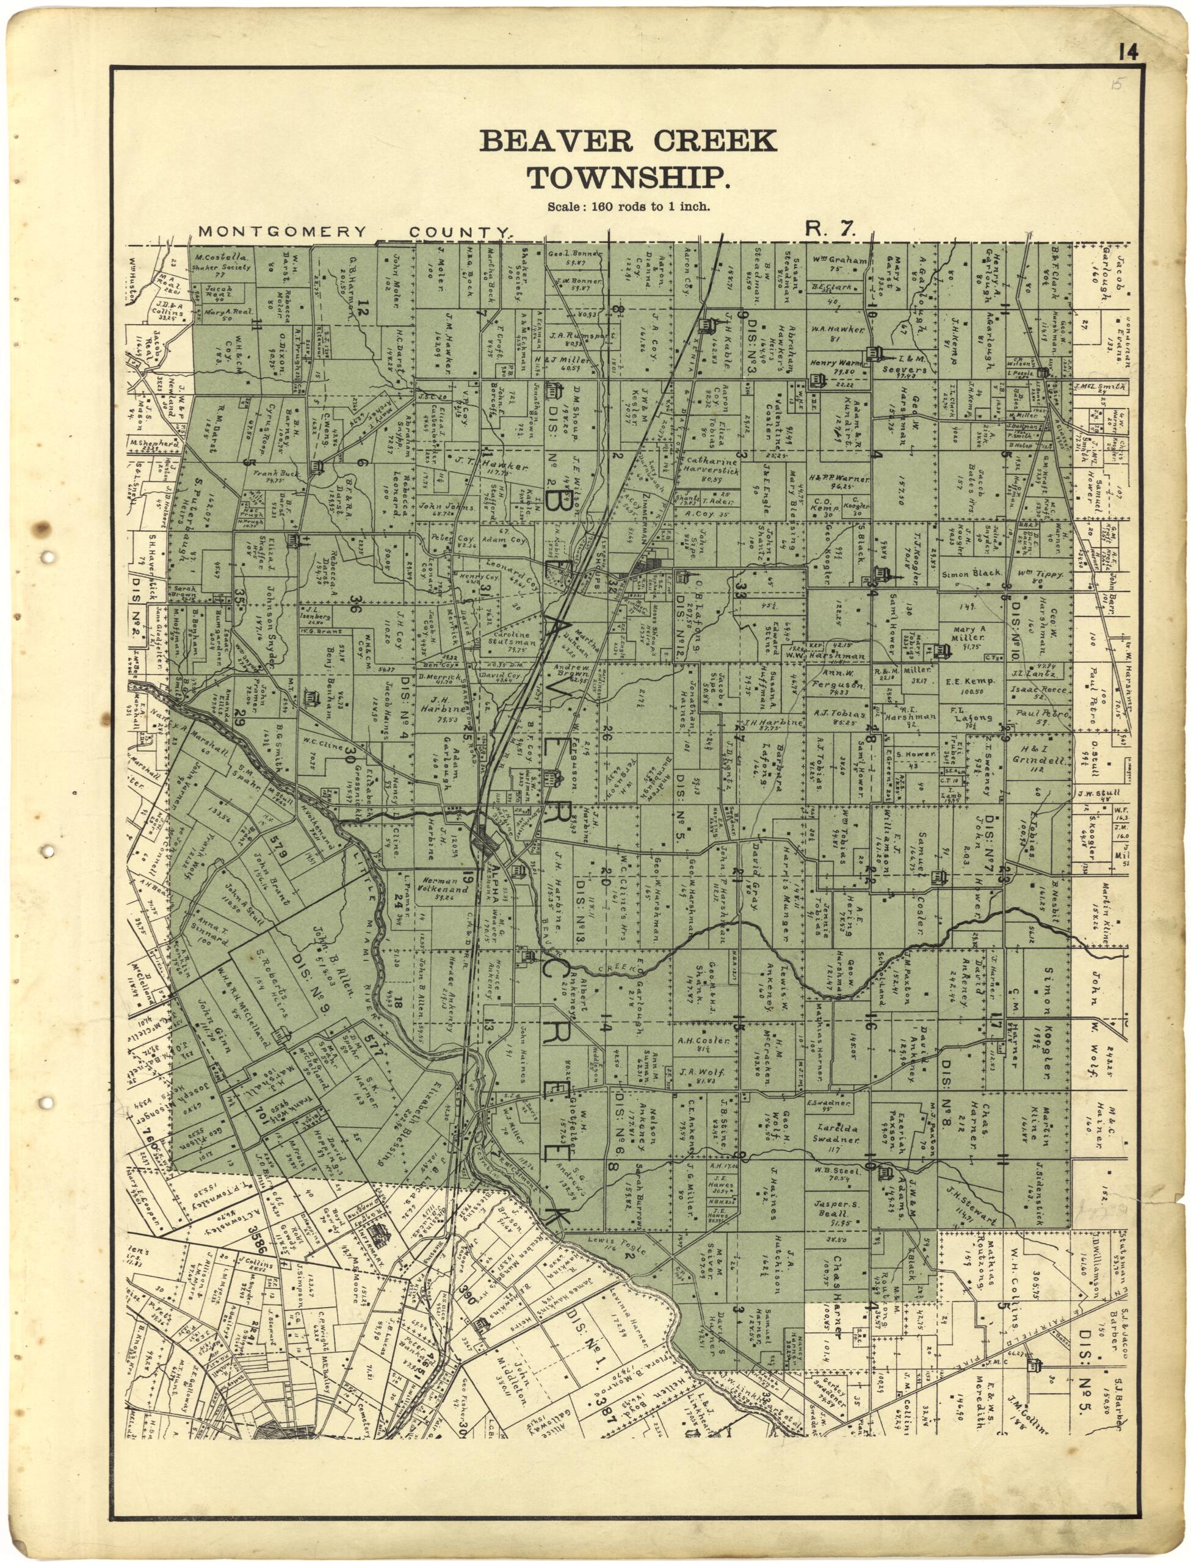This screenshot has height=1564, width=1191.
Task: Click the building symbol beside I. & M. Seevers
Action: click(878, 354)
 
